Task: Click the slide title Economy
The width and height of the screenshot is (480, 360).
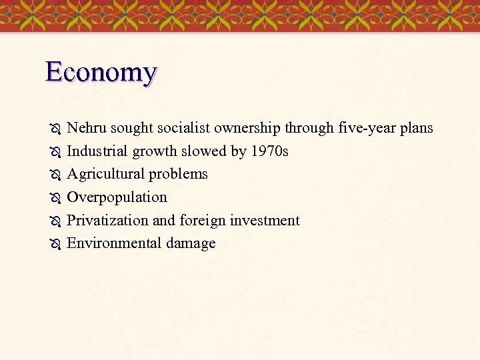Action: pyautogui.click(x=101, y=71)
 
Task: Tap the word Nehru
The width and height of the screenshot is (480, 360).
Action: pyautogui.click(x=87, y=127)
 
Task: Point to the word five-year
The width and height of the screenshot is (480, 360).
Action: pyautogui.click(x=366, y=127)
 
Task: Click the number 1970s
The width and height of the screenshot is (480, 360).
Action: pyautogui.click(x=269, y=151)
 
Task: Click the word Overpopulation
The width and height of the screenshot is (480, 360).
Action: pyautogui.click(x=117, y=197)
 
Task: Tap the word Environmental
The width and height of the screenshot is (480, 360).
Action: pyautogui.click(x=114, y=243)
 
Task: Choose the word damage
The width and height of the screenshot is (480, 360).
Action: pyautogui.click(x=191, y=243)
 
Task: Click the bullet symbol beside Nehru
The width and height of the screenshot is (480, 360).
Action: pyautogui.click(x=55, y=128)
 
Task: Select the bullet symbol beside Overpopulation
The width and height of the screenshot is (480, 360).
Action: pyautogui.click(x=55, y=198)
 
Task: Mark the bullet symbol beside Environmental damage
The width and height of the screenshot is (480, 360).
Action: pyautogui.click(x=55, y=244)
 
